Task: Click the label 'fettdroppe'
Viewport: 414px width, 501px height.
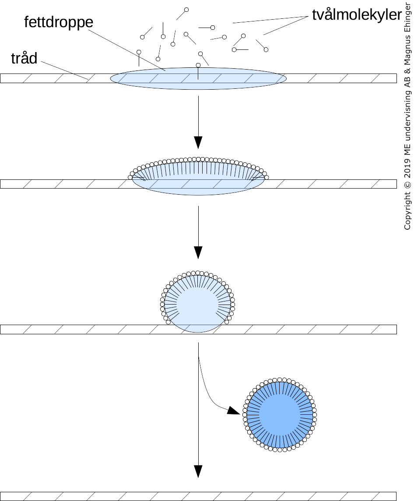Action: (x=59, y=22)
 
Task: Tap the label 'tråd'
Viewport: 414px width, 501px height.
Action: (x=24, y=58)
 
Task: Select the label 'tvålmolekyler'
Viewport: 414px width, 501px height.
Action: (x=357, y=15)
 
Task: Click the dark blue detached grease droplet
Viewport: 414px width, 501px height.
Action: (x=280, y=414)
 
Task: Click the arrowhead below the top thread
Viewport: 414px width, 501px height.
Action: (x=198, y=142)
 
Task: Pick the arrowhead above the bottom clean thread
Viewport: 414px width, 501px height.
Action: (x=198, y=471)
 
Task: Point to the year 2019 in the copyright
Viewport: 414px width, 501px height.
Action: (x=407, y=167)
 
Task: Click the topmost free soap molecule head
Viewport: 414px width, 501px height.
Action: (x=186, y=10)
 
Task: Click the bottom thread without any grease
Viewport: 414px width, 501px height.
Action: (x=198, y=496)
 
